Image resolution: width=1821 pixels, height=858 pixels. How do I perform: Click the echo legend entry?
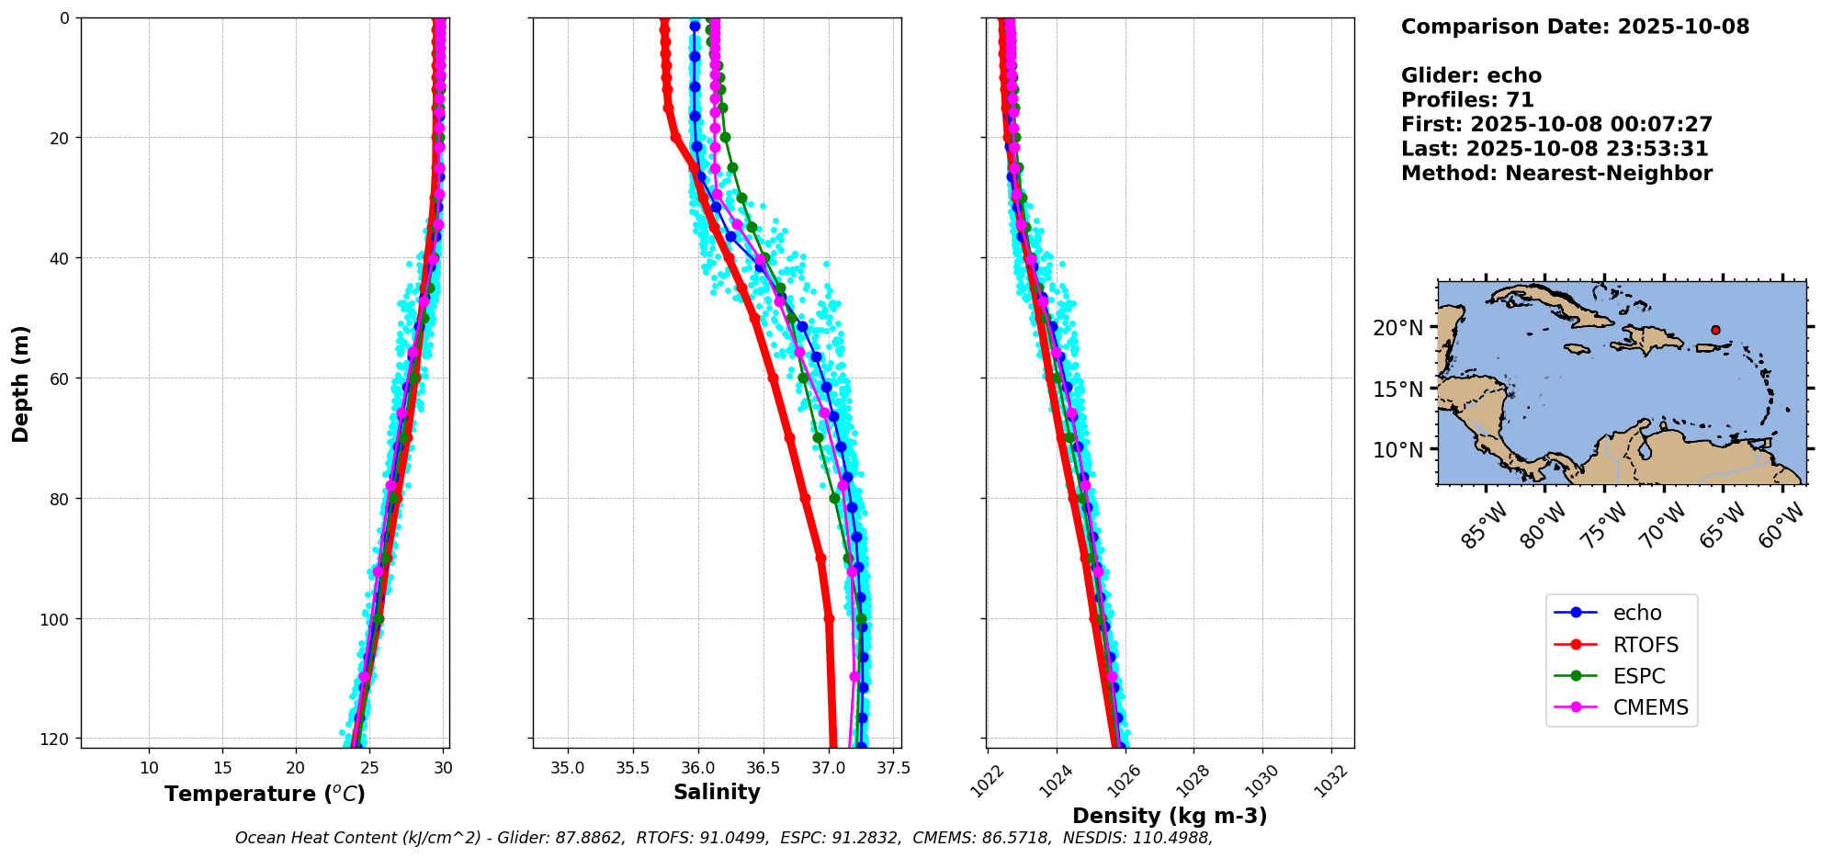coord(1621,613)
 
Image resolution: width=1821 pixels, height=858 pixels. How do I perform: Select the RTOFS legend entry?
coord(1621,645)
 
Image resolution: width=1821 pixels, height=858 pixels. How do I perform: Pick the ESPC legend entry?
coord(1621,676)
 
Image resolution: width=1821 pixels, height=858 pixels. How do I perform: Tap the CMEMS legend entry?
coord(1621,707)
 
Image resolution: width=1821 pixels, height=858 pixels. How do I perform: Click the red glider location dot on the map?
coord(1715,330)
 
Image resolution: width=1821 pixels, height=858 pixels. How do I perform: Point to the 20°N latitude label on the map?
coord(1397,328)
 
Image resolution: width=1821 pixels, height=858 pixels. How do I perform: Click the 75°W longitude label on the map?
coord(1603,525)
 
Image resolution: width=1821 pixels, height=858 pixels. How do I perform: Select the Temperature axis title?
coord(265,794)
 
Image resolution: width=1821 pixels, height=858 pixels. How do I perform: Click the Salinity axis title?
coord(717,792)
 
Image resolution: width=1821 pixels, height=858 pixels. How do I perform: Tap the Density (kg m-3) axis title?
coord(1170,816)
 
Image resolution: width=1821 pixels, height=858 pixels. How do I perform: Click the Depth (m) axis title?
coord(20,383)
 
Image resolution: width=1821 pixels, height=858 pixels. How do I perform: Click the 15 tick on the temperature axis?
coord(222,768)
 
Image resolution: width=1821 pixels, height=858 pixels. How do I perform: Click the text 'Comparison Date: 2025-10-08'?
coord(1575,27)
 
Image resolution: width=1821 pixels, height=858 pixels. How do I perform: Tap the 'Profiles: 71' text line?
coord(1467,100)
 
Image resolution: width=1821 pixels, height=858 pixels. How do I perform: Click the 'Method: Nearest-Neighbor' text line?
coord(1556,174)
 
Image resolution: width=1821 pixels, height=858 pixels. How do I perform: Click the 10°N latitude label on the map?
coord(1397,450)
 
